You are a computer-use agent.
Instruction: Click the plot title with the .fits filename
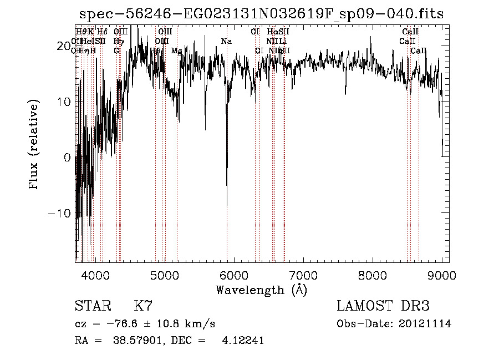261,14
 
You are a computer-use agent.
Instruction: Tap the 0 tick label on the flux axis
67,158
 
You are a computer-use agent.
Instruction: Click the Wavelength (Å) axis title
261,290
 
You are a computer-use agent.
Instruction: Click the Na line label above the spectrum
226,42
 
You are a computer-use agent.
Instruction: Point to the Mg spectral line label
176,51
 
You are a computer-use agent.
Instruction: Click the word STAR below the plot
92,306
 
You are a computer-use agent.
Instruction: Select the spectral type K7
143,306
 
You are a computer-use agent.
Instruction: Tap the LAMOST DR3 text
383,306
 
